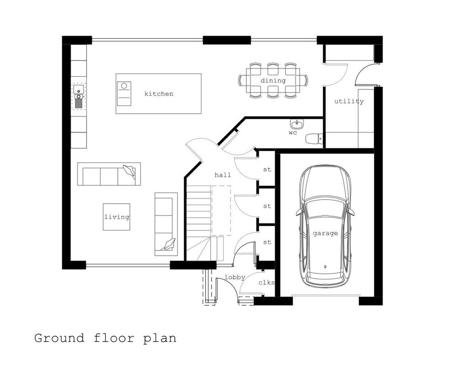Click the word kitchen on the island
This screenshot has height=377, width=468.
(x=159, y=94)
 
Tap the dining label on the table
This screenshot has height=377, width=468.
(x=273, y=80)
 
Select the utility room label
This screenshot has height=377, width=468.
(x=349, y=101)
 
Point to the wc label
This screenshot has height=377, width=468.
(x=293, y=133)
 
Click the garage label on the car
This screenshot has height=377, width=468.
(x=325, y=233)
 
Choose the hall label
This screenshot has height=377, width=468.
(x=223, y=175)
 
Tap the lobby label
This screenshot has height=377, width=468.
(x=235, y=278)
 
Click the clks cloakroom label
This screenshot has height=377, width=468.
(x=266, y=283)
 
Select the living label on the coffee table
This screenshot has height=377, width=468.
(x=117, y=217)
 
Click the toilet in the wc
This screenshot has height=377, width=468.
(x=314, y=138)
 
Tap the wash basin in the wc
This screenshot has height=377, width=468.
(x=297, y=123)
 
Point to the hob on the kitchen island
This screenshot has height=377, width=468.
(x=124, y=93)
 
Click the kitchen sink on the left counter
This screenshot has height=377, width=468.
(x=79, y=96)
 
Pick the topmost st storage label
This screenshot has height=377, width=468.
(x=267, y=170)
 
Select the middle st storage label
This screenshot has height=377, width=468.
(x=267, y=206)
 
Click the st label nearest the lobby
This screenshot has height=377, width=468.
(x=267, y=242)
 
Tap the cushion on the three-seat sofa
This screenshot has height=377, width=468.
(x=129, y=171)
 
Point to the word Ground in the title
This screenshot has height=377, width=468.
(x=59, y=339)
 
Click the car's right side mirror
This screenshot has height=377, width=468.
(x=352, y=212)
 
